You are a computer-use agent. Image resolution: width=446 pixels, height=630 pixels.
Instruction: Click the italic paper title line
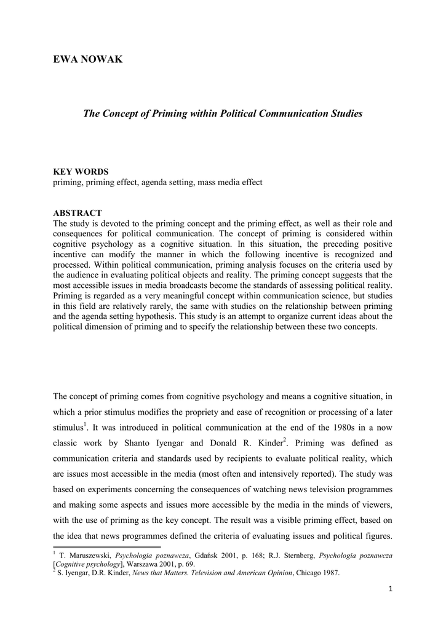pos(223,113)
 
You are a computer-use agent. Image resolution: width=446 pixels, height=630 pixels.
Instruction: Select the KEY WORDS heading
pos(81,172)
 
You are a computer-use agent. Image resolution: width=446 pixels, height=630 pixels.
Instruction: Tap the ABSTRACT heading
pos(78,213)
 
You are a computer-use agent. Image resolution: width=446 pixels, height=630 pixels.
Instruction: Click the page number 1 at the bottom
pos(390,589)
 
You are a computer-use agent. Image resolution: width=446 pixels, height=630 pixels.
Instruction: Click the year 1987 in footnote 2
pos(329,573)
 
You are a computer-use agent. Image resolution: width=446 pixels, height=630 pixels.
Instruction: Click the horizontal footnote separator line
pos(107,546)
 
